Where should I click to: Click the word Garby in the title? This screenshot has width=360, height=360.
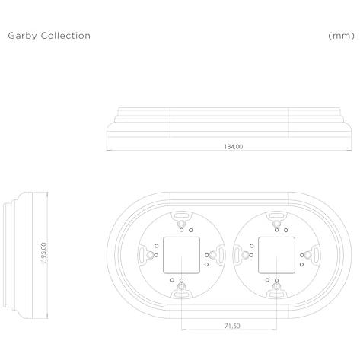click(x=22, y=36)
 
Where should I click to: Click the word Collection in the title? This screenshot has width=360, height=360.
click(x=65, y=36)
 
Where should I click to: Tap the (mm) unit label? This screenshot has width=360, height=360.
click(x=341, y=36)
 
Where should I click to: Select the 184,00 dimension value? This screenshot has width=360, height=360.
click(x=234, y=146)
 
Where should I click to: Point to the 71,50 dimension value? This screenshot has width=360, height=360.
click(x=232, y=326)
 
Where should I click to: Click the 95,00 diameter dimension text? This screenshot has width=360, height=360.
click(x=44, y=253)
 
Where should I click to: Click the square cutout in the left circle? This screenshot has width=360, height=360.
click(x=181, y=255)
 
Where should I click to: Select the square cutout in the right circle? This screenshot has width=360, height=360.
click(x=276, y=255)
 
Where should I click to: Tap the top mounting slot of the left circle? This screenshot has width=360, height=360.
click(x=181, y=216)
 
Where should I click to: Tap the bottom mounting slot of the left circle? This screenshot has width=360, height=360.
click(x=181, y=295)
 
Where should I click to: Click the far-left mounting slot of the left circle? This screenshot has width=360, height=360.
click(x=142, y=253)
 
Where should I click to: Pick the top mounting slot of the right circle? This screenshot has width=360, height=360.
click(x=276, y=216)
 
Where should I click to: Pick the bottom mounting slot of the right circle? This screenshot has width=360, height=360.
click(x=276, y=295)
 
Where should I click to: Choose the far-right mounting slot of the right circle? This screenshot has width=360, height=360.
click(x=316, y=253)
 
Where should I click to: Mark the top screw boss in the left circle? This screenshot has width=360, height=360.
click(x=181, y=224)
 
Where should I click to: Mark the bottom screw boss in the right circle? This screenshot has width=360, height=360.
click(x=276, y=287)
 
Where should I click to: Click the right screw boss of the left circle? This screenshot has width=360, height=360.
click(x=213, y=255)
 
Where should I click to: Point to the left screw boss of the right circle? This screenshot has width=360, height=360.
click(x=245, y=255)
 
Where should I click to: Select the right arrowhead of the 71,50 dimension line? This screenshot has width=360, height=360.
click(x=275, y=330)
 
